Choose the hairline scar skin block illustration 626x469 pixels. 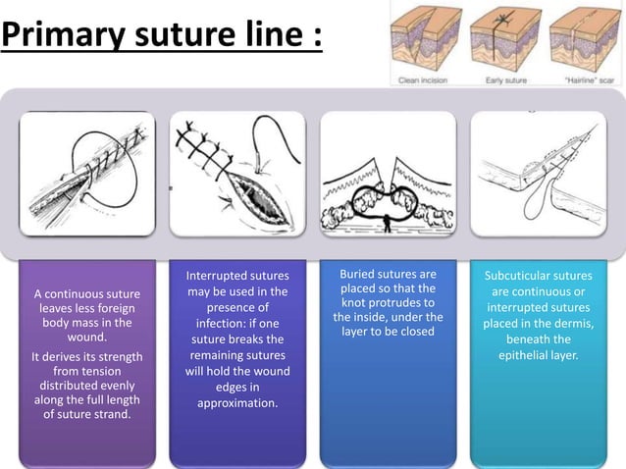[x=585, y=38]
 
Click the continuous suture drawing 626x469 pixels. [x=87, y=173]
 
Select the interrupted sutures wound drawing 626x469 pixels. [x=237, y=173]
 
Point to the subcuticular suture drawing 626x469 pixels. [x=538, y=173]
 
